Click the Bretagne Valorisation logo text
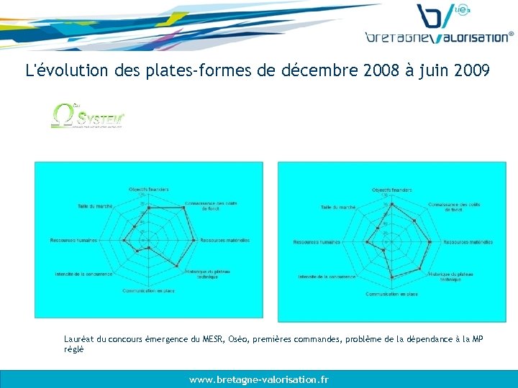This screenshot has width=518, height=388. [439, 37]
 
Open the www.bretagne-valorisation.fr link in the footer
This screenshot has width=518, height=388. [259, 379]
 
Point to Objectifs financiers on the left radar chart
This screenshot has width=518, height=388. [148, 189]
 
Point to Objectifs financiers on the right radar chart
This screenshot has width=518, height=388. [391, 190]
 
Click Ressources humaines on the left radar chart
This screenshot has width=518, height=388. [73, 240]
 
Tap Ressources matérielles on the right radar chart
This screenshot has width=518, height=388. [468, 242]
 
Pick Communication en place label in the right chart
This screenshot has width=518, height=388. [391, 294]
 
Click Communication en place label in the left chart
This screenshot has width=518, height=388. [148, 290]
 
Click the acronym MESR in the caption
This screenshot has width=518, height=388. [213, 339]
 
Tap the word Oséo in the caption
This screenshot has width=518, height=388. [238, 339]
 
